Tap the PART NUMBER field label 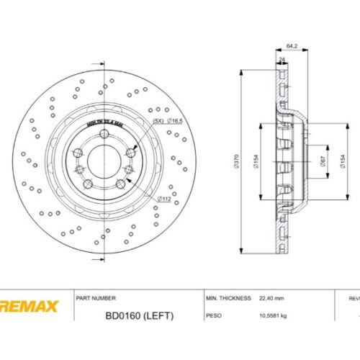96,297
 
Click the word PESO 214,315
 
